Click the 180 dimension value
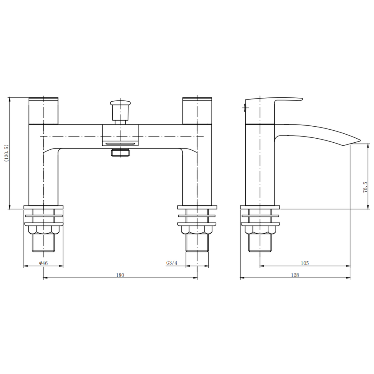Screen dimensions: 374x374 click(x=120, y=275)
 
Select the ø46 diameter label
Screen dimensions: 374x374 click(x=43, y=263)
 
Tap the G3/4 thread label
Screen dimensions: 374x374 click(x=172, y=263)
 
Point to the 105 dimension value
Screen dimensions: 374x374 click(x=304, y=263)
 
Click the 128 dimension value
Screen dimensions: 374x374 click(x=295, y=275)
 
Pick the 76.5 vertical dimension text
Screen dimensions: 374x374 click(x=365, y=187)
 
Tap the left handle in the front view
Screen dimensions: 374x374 click(x=43, y=111)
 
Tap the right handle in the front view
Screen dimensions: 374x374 click(x=197, y=111)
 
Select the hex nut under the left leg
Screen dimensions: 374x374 click(x=43, y=230)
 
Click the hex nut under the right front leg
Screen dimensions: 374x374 click(x=197, y=230)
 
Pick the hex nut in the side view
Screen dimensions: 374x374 click(x=260, y=230)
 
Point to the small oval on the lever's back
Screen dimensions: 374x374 click(x=245, y=108)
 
